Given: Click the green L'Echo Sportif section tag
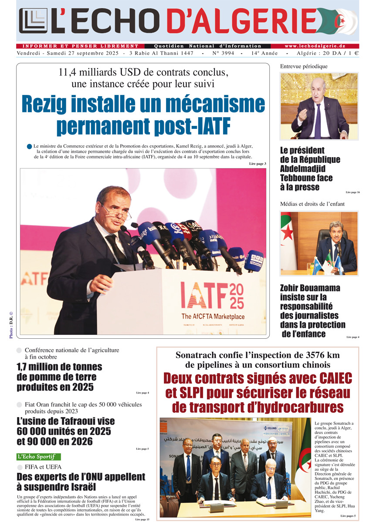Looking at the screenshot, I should click(39, 457).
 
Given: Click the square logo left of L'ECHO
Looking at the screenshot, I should click(33, 21).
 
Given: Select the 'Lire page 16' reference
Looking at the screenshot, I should click(352, 192).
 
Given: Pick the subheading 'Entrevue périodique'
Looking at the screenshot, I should click(304, 67).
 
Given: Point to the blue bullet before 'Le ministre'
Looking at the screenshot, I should click(29, 147).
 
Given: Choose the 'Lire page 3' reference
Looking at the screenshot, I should click(258, 164).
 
